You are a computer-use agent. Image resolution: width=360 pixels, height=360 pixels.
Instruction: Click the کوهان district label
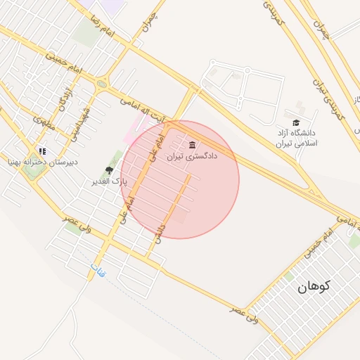pyautogui.click(x=314, y=286)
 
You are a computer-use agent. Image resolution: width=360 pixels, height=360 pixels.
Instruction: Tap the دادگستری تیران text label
pyautogui.click(x=192, y=156)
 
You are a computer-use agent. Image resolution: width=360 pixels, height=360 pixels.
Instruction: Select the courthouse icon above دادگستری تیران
pyautogui.click(x=193, y=146)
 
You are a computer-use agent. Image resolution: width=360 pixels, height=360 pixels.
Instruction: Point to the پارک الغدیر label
pyautogui.click(x=103, y=182)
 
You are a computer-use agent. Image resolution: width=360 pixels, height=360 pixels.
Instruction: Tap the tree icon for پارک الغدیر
pyautogui.click(x=109, y=170)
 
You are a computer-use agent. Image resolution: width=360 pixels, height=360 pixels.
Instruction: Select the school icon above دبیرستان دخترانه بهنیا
pyautogui.click(x=42, y=150)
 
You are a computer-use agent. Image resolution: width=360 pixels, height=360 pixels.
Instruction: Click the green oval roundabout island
pyautogui.click(x=102, y=84)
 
